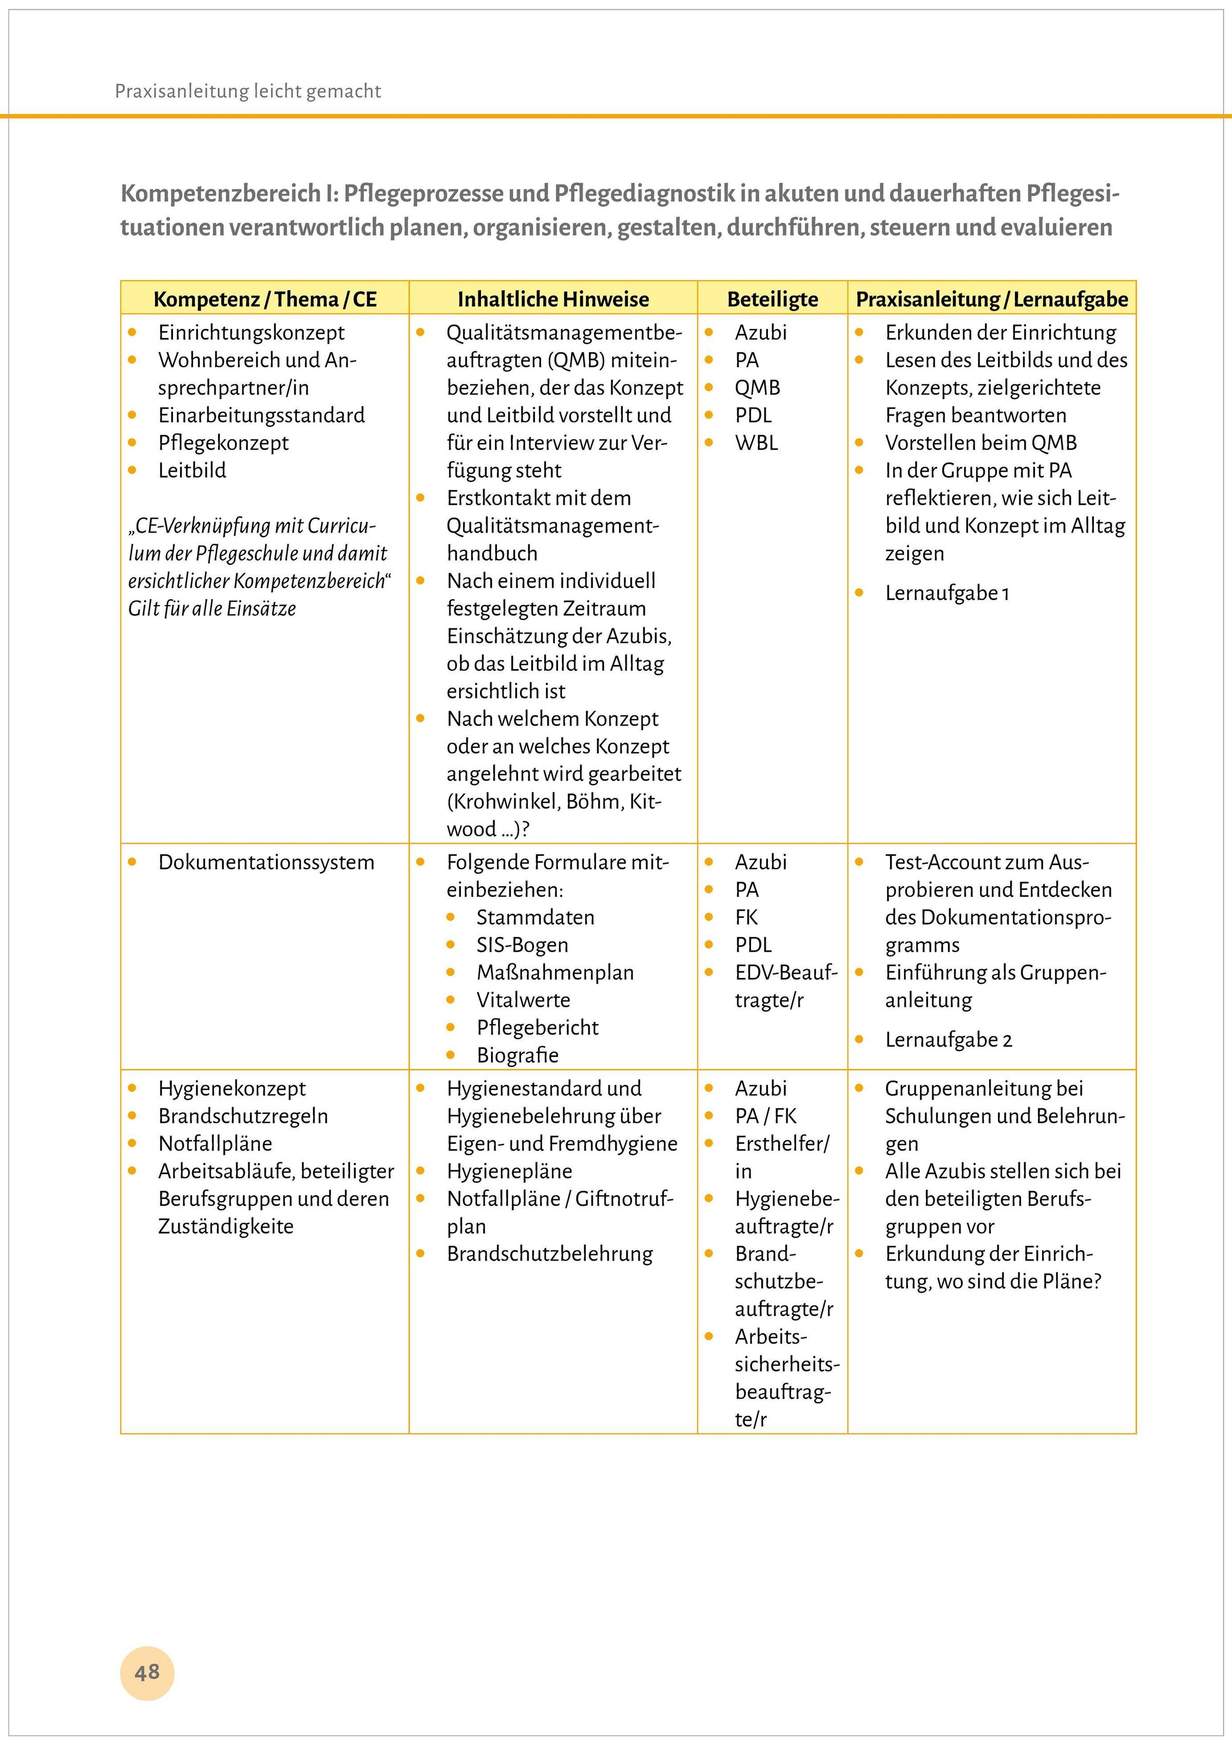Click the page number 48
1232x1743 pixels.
[x=147, y=1672]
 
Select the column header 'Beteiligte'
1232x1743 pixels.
[x=772, y=299]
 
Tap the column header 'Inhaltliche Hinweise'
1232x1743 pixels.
[x=553, y=299]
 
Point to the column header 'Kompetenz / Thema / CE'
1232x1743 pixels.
[x=265, y=299]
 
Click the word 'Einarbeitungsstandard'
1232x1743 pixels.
[x=261, y=415]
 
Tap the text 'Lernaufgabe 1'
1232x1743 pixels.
[x=947, y=593]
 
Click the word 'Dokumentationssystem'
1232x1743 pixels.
[x=266, y=863]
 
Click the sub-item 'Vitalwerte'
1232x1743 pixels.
[x=523, y=1000]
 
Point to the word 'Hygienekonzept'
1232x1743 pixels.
[x=232, y=1088]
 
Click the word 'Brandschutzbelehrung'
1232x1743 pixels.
[x=550, y=1254]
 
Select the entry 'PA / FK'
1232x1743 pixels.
[x=765, y=1116]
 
